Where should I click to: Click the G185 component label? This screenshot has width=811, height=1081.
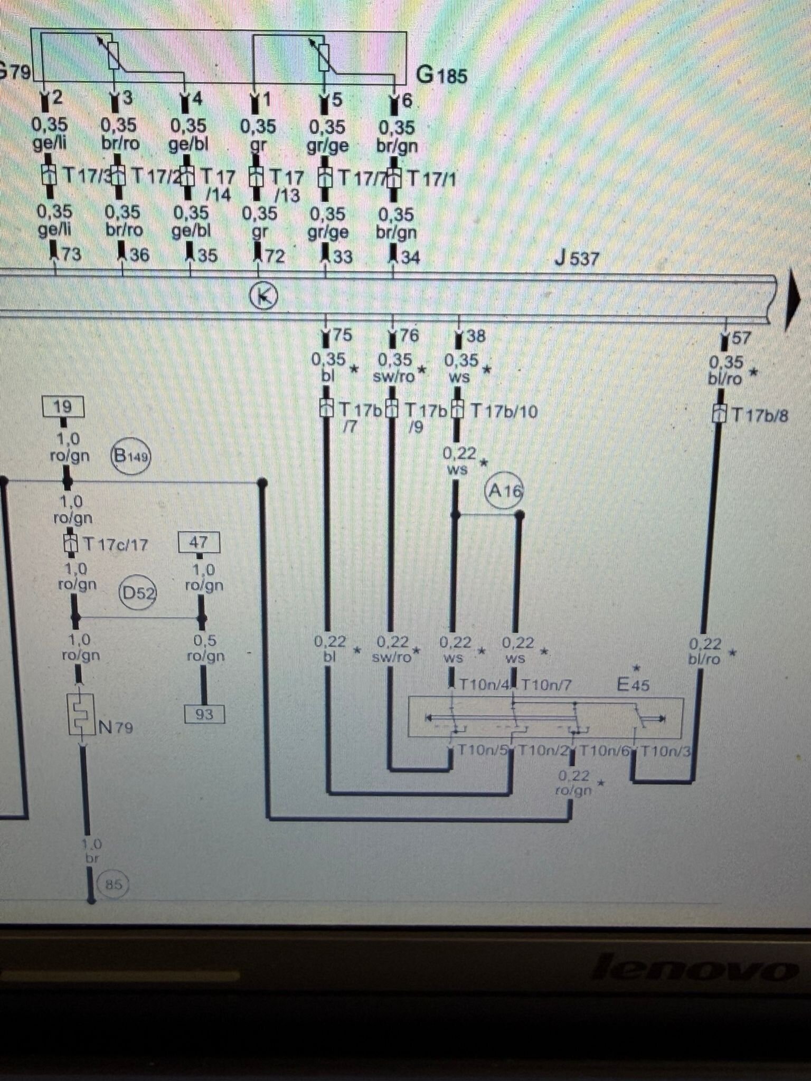[x=441, y=75]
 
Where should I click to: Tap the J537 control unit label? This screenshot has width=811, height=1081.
[x=577, y=259]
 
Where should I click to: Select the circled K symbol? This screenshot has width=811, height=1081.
[x=263, y=296]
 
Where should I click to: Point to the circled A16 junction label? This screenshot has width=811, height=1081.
[x=504, y=491]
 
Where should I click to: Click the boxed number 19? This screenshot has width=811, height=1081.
[x=63, y=407]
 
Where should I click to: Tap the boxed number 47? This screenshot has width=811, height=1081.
[x=199, y=542]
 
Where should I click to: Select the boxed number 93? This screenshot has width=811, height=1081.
[x=204, y=714]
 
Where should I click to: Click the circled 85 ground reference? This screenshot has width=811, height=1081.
[x=112, y=884]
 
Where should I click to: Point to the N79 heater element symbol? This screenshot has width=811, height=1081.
[x=81, y=715]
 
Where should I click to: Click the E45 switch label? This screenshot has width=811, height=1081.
[x=633, y=685]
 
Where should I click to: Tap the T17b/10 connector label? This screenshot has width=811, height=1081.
[x=503, y=411]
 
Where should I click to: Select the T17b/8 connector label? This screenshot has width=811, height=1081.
[x=759, y=415]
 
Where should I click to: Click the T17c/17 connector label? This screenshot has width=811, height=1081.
[x=116, y=544]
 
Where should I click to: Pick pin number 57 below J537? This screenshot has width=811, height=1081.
[x=740, y=338]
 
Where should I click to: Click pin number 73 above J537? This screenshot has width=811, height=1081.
[x=71, y=254]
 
